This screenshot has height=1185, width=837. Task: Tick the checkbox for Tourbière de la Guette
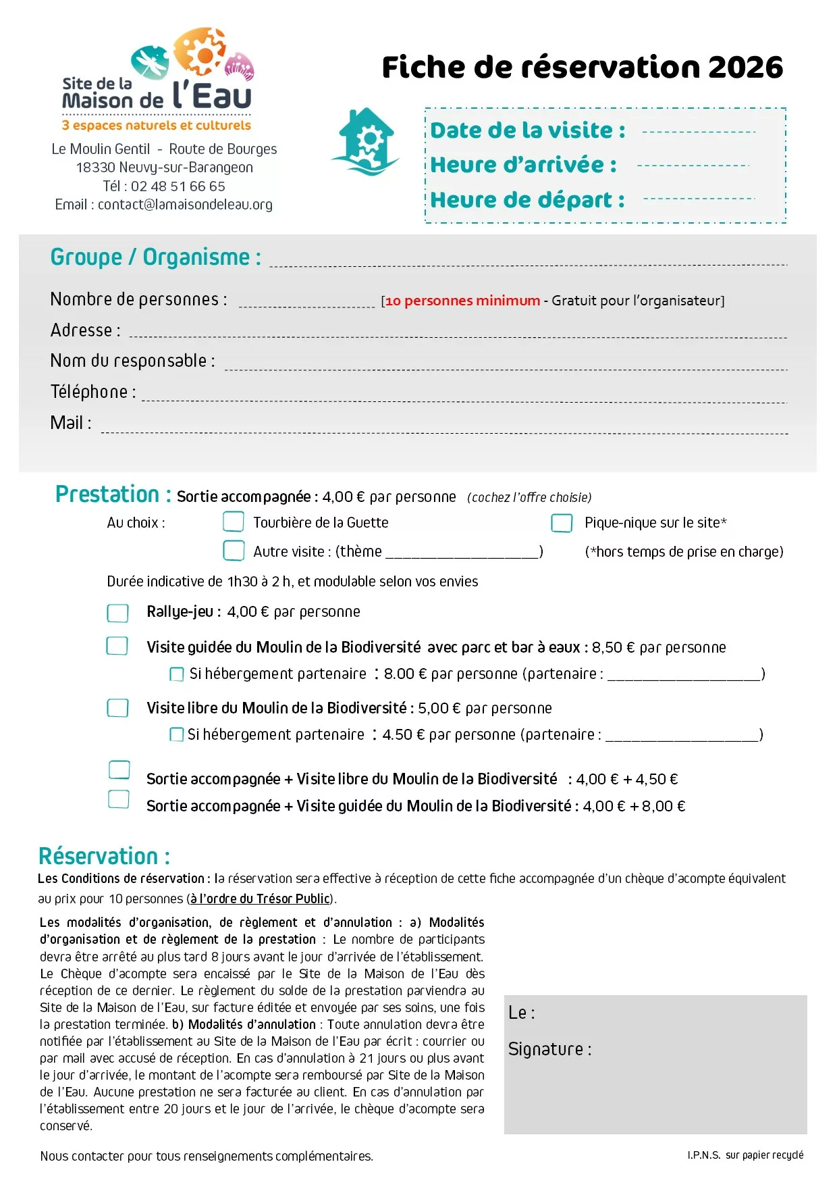click(x=234, y=522)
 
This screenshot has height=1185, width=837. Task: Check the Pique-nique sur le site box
click(x=562, y=523)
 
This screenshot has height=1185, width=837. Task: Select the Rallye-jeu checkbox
click(x=117, y=613)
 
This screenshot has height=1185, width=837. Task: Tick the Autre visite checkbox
click(x=234, y=551)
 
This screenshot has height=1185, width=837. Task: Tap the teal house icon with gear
click(x=367, y=142)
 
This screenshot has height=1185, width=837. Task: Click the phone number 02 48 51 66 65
click(x=178, y=186)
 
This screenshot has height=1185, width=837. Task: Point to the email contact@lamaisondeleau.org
click(x=185, y=205)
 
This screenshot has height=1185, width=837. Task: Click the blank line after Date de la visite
click(x=699, y=132)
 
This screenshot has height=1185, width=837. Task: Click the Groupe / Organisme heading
click(x=156, y=257)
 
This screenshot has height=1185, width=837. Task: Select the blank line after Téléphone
click(x=464, y=400)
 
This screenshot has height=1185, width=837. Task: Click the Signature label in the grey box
click(x=549, y=1049)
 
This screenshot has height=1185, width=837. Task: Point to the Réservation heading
click(x=104, y=857)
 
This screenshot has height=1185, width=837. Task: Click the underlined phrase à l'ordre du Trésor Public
click(x=260, y=899)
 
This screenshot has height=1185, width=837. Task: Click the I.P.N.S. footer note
click(x=745, y=1155)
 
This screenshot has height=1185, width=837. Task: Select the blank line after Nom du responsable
click(x=506, y=368)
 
